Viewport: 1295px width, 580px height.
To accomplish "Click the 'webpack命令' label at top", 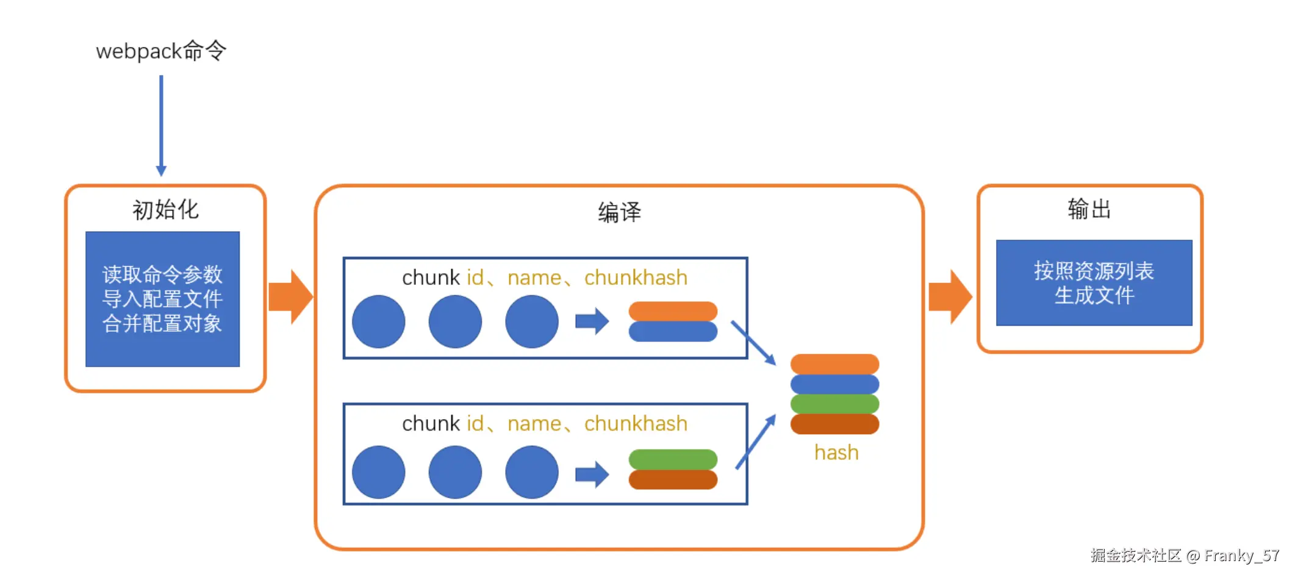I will (x=161, y=51).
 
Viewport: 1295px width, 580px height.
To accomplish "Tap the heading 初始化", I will (x=165, y=210).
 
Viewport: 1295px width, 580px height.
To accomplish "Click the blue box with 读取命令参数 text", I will (x=162, y=299).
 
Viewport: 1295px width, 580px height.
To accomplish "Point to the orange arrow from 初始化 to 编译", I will (x=291, y=297).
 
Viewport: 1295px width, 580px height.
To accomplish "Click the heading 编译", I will (x=619, y=212).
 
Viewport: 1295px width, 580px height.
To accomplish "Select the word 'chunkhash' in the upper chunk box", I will (x=636, y=278).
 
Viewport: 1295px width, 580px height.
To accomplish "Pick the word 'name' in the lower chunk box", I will (x=534, y=424).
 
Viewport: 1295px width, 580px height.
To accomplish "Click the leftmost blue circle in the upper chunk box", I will (x=378, y=321).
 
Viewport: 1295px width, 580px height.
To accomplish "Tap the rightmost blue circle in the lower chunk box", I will (x=531, y=472).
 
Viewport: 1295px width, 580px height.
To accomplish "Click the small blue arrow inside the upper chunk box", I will (x=592, y=321).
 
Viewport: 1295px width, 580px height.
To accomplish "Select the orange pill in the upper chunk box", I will (x=673, y=311).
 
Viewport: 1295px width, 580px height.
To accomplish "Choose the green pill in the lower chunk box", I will (x=673, y=459).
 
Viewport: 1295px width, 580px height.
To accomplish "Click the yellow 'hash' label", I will (x=836, y=453).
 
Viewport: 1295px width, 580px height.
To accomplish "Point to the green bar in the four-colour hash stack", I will (x=834, y=404).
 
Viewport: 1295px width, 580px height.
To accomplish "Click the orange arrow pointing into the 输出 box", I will (x=950, y=297).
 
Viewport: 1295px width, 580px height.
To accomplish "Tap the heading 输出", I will (x=1089, y=209).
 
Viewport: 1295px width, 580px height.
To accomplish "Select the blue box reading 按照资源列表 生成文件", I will (x=1094, y=283).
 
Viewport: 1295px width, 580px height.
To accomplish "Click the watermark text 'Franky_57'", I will (x=1241, y=556).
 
